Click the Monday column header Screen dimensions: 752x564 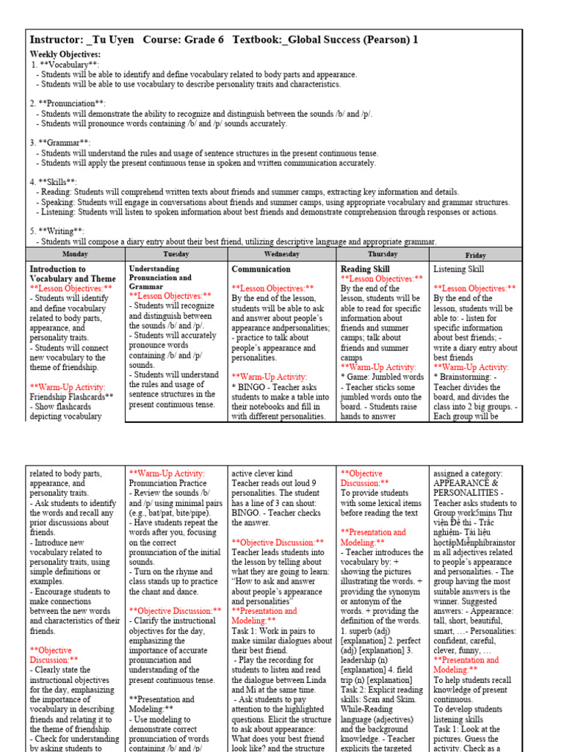[76, 254]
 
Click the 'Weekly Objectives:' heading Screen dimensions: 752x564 [65, 54]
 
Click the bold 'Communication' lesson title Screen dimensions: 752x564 [261, 270]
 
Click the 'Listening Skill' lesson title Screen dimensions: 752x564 [459, 270]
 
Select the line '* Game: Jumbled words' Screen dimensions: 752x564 [383, 377]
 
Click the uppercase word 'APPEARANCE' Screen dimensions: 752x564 [466, 484]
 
